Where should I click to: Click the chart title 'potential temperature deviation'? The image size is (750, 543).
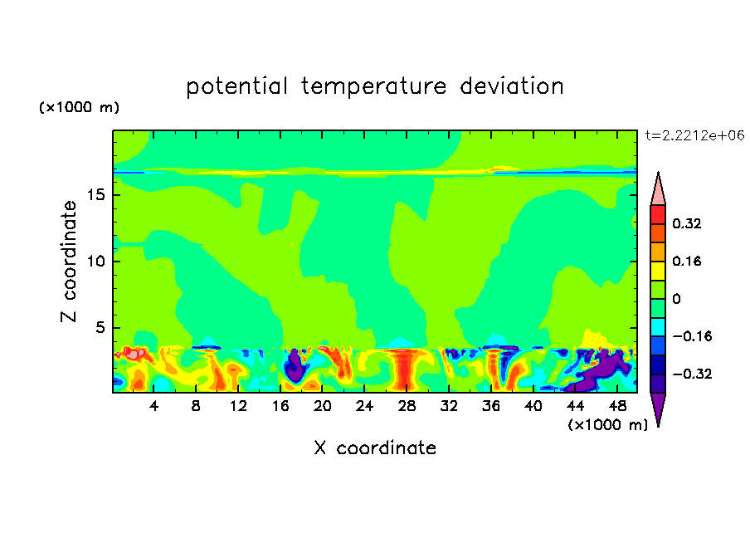(x=374, y=86)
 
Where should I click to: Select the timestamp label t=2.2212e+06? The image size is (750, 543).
(x=694, y=135)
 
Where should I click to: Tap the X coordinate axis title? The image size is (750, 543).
(x=375, y=448)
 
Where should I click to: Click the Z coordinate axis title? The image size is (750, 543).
(x=69, y=262)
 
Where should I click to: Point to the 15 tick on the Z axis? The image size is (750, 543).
(x=96, y=195)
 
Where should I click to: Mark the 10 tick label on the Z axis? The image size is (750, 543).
(x=96, y=262)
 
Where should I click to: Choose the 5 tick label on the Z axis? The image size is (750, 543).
(x=100, y=327)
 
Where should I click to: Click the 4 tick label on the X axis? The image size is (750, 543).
(x=153, y=406)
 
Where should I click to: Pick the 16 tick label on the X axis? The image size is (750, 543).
(x=280, y=406)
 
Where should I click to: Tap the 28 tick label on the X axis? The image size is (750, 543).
(x=407, y=406)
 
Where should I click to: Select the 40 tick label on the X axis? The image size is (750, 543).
(x=533, y=406)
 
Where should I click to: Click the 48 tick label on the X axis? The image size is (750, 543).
(x=617, y=406)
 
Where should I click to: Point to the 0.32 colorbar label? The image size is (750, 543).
(x=686, y=223)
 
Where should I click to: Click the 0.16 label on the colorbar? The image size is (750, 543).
(x=686, y=261)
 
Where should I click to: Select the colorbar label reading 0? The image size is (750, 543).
(x=676, y=299)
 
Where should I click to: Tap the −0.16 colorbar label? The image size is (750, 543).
(x=692, y=336)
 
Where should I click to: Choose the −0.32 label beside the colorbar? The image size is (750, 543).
(x=692, y=374)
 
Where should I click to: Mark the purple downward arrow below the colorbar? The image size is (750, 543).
(x=658, y=407)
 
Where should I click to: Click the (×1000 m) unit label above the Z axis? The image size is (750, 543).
(x=79, y=107)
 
